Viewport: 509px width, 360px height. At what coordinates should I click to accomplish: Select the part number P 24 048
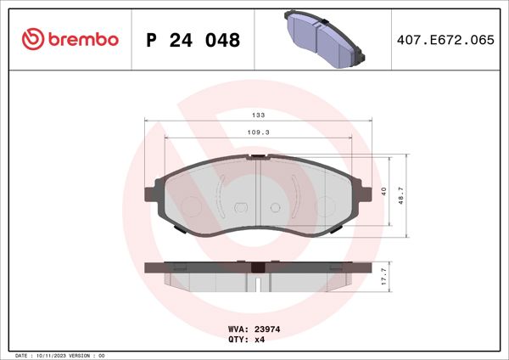tap(193, 40)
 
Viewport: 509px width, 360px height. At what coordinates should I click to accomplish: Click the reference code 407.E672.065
tap(445, 40)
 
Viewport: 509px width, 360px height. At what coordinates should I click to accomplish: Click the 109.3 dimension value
tap(258, 132)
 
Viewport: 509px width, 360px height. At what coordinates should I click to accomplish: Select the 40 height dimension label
tap(383, 191)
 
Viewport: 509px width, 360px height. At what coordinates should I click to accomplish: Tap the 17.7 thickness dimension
tap(383, 276)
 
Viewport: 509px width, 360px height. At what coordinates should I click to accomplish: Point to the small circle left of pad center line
tap(239, 207)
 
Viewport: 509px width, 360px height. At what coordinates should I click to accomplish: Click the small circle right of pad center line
tap(275, 207)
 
